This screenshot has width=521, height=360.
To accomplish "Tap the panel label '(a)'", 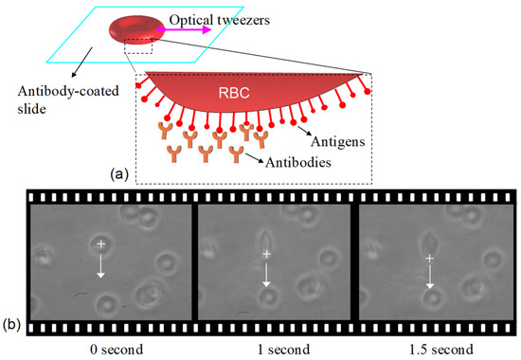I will coord(119,174).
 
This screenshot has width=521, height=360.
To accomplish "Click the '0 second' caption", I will coord(111,349).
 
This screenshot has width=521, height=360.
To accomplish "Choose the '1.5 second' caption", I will coord(432,349).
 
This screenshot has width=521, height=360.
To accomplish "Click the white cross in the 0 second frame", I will coord(101,243).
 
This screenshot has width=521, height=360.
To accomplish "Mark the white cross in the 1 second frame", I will coord(266,255).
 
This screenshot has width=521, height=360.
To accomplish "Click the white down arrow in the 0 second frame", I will coord(101,264).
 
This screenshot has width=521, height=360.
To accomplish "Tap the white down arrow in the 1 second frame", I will coord(266,274).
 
